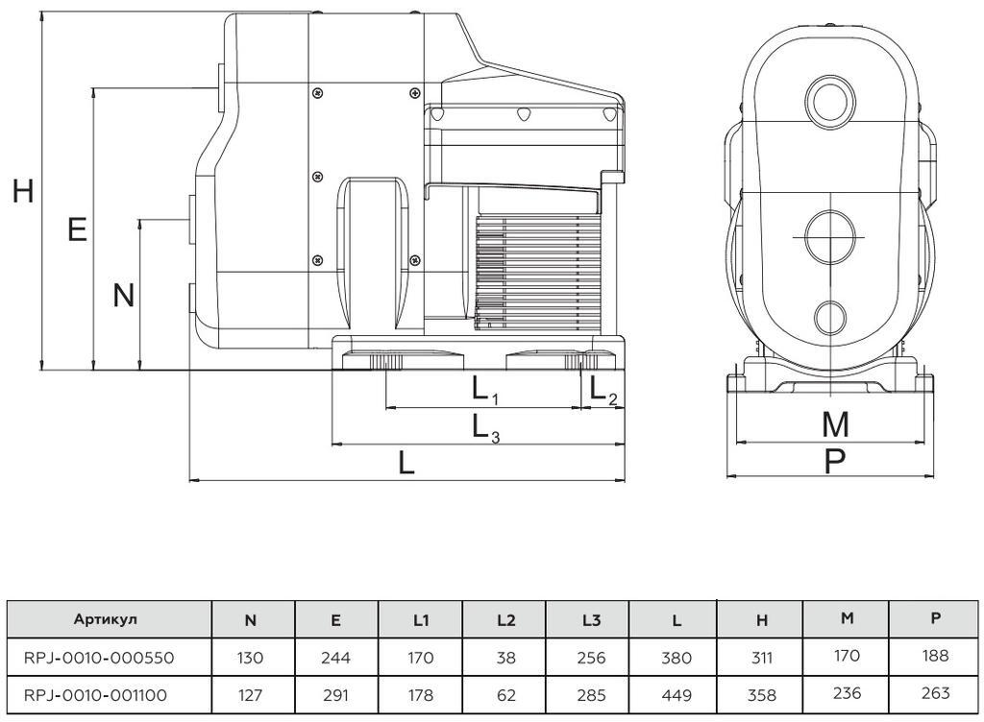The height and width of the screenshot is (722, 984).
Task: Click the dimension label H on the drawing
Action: (23, 190)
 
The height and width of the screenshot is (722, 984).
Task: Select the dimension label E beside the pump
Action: (77, 229)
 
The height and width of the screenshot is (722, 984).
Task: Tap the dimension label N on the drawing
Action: (124, 295)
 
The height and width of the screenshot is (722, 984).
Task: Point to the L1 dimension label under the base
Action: (485, 391)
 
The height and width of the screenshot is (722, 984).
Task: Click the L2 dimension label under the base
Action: (603, 391)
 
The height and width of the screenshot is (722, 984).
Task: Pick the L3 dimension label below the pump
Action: (485, 428)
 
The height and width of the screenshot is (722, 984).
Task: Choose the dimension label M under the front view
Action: (835, 424)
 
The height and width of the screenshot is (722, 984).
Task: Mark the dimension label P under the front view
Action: (834, 461)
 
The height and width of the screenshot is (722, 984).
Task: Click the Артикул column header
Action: (106, 619)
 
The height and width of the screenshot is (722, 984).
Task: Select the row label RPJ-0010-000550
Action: (99, 658)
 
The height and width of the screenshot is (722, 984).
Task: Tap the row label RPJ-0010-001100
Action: (95, 695)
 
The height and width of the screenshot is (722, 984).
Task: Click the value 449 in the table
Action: (676, 695)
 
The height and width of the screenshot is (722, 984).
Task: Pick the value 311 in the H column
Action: (761, 658)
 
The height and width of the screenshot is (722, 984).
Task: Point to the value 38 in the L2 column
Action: (505, 658)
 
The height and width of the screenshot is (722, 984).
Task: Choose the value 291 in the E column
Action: (335, 695)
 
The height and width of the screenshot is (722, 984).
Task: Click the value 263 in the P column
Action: (935, 693)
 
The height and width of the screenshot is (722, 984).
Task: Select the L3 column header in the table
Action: (591, 620)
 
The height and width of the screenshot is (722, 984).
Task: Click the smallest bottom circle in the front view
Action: (831, 317)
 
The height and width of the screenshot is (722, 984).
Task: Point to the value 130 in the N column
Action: (250, 658)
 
